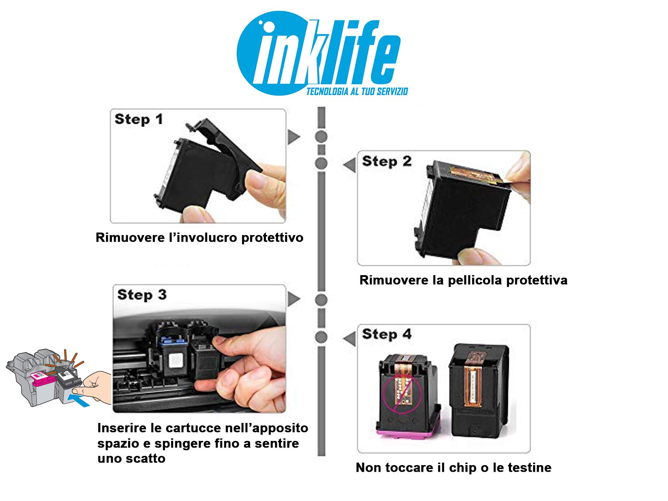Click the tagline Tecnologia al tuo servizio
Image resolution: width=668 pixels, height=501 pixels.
pyautogui.click(x=357, y=91)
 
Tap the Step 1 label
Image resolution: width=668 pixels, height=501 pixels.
pyautogui.click(x=139, y=119)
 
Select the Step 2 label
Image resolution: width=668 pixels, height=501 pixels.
pyautogui.click(x=387, y=161)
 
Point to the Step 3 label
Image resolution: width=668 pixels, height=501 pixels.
pyautogui.click(x=142, y=295)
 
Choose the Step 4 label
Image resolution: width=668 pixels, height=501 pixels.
pyautogui.click(x=387, y=334)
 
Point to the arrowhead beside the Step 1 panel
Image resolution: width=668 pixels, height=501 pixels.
pyautogui.click(x=294, y=137)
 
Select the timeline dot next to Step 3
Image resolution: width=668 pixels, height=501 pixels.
pyautogui.click(x=321, y=300)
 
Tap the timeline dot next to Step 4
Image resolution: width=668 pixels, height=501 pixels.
pyautogui.click(x=321, y=337)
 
